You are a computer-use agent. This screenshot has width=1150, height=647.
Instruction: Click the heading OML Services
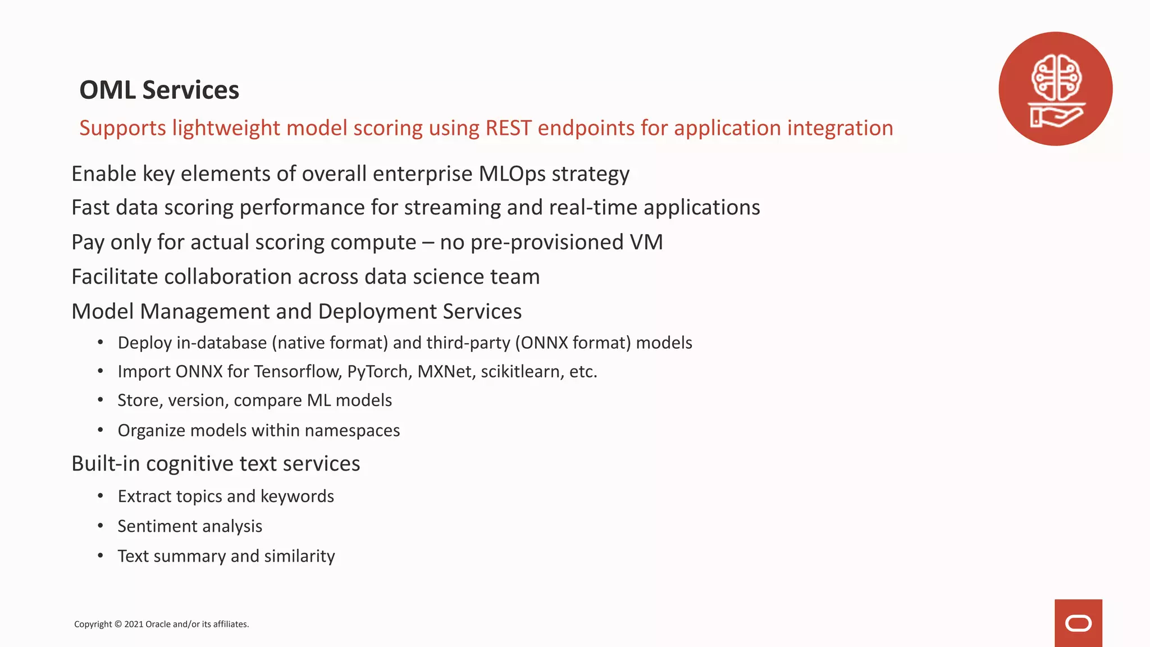coord(159,90)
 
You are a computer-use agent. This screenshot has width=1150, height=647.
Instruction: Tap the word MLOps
coord(512,174)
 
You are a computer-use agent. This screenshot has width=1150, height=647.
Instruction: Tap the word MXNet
coord(446,372)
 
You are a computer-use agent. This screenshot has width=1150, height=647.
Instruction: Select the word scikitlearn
coord(522,372)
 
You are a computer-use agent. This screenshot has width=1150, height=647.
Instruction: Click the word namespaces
coord(352,431)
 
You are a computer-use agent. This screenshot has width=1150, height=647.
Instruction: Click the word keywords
coord(297,496)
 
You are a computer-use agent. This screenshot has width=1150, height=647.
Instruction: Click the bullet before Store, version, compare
coord(101,400)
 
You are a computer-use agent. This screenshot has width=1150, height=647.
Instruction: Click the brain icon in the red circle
coord(1056,77)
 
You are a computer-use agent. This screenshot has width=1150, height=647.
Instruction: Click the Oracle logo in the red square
coord(1078,623)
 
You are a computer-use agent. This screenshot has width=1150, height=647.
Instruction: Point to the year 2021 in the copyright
coord(134,625)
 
